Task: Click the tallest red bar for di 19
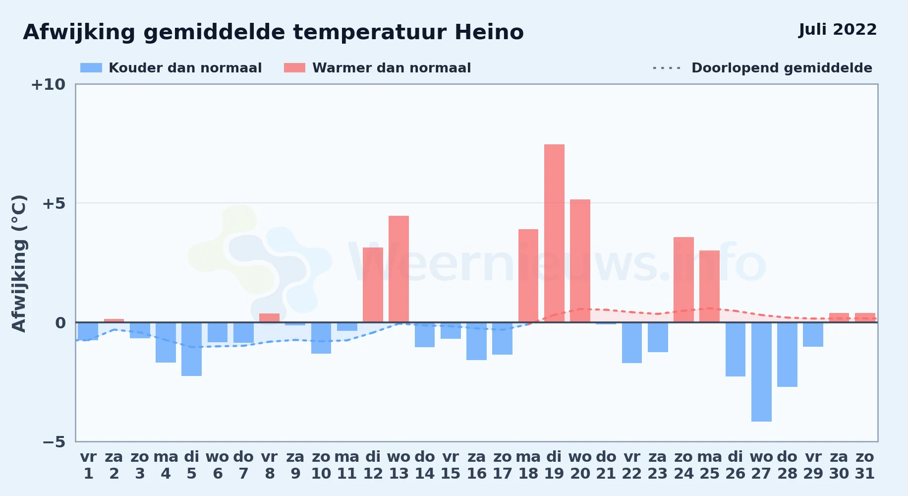554,233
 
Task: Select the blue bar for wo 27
761,372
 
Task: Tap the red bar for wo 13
398,269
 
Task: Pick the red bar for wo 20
580,261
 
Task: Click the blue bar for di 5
191,349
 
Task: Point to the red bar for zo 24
683,280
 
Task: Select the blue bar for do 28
787,355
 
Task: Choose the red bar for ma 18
528,276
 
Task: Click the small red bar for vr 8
269,318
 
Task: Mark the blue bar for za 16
476,341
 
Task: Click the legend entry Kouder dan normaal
171,68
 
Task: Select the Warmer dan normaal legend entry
377,68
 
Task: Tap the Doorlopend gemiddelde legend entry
763,68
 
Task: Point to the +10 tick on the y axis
48,84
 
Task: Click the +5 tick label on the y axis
54,203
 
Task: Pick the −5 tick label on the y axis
54,441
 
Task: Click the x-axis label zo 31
865,465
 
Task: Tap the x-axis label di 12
373,465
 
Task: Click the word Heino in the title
489,32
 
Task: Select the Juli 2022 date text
838,29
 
